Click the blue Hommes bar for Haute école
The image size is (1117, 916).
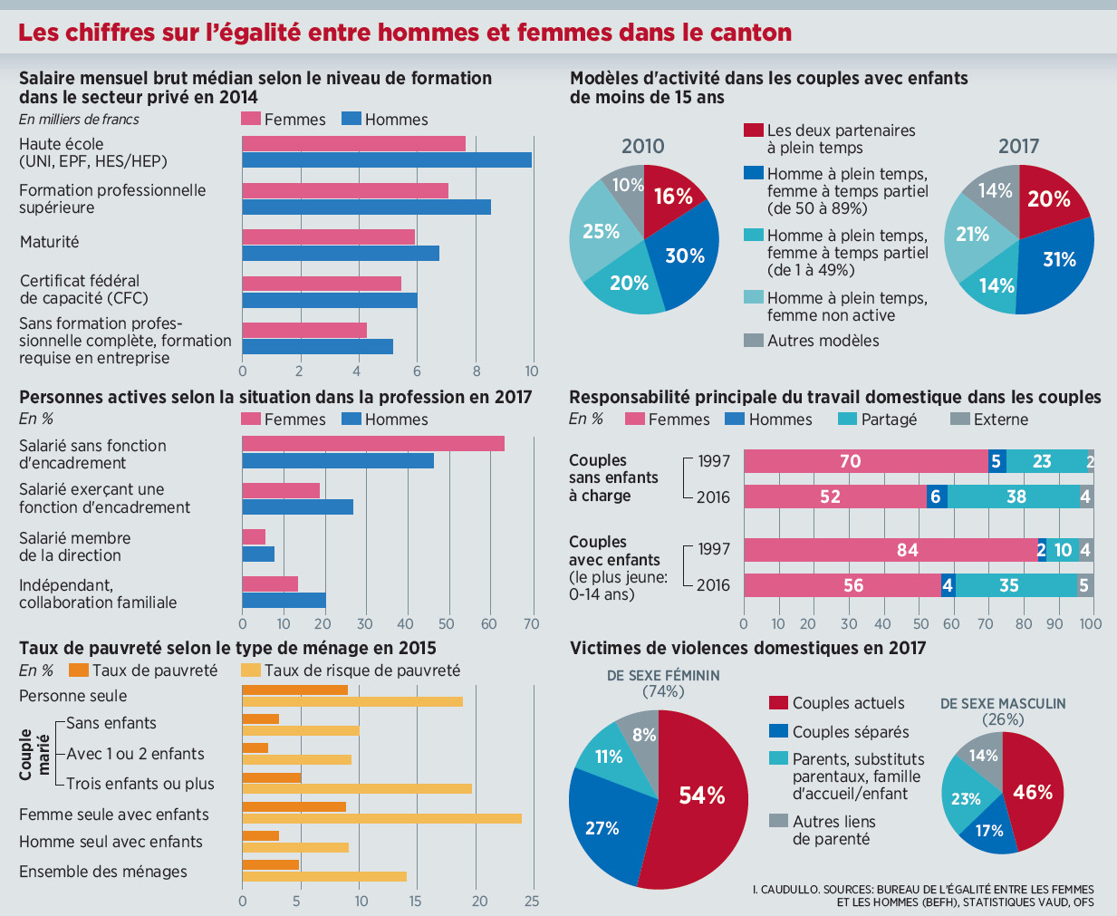click(x=387, y=160)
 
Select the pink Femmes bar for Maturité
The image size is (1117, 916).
click(x=328, y=236)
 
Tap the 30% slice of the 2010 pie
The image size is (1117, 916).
click(x=686, y=256)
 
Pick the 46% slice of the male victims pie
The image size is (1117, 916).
click(x=1033, y=793)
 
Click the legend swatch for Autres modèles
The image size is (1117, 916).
click(x=754, y=341)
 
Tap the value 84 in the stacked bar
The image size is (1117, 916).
click(x=907, y=550)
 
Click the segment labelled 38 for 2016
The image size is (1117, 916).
click(x=1016, y=497)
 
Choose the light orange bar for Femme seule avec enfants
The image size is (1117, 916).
click(x=381, y=819)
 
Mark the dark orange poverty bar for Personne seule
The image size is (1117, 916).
click(x=294, y=690)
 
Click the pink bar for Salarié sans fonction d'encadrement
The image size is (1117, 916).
click(x=372, y=443)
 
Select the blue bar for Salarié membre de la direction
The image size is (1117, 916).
click(x=258, y=554)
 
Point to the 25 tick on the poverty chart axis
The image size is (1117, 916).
click(x=532, y=901)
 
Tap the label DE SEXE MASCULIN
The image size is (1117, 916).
click(x=1003, y=704)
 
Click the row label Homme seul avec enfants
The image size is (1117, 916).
click(x=111, y=842)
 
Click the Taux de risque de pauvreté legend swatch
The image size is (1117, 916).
click(x=251, y=670)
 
